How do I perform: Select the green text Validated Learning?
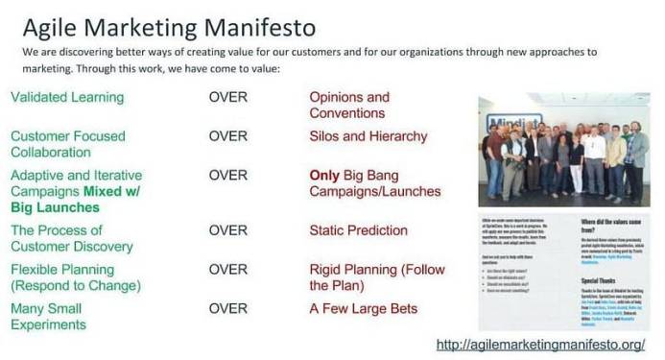tap(67, 97)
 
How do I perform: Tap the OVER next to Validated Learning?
tap(227, 97)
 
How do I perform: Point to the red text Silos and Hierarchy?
tap(368, 136)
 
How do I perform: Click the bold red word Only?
tap(324, 176)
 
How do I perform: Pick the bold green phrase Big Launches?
tap(55, 206)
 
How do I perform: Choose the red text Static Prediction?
tap(358, 230)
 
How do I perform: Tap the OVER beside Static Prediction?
tap(227, 230)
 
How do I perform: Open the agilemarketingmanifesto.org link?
tap(539, 344)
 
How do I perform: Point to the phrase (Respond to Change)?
tap(76, 285)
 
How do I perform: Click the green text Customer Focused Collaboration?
tap(67, 144)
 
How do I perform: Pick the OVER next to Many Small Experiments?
tap(227, 308)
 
